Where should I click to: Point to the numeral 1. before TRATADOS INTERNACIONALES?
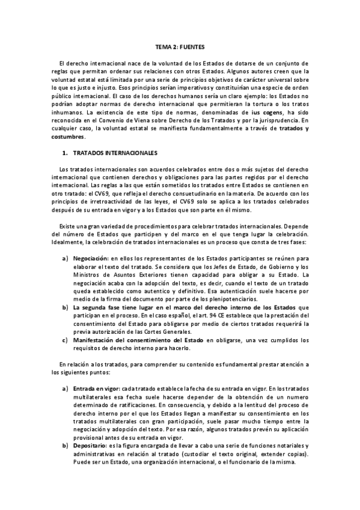pyautogui.click(x=64, y=153)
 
